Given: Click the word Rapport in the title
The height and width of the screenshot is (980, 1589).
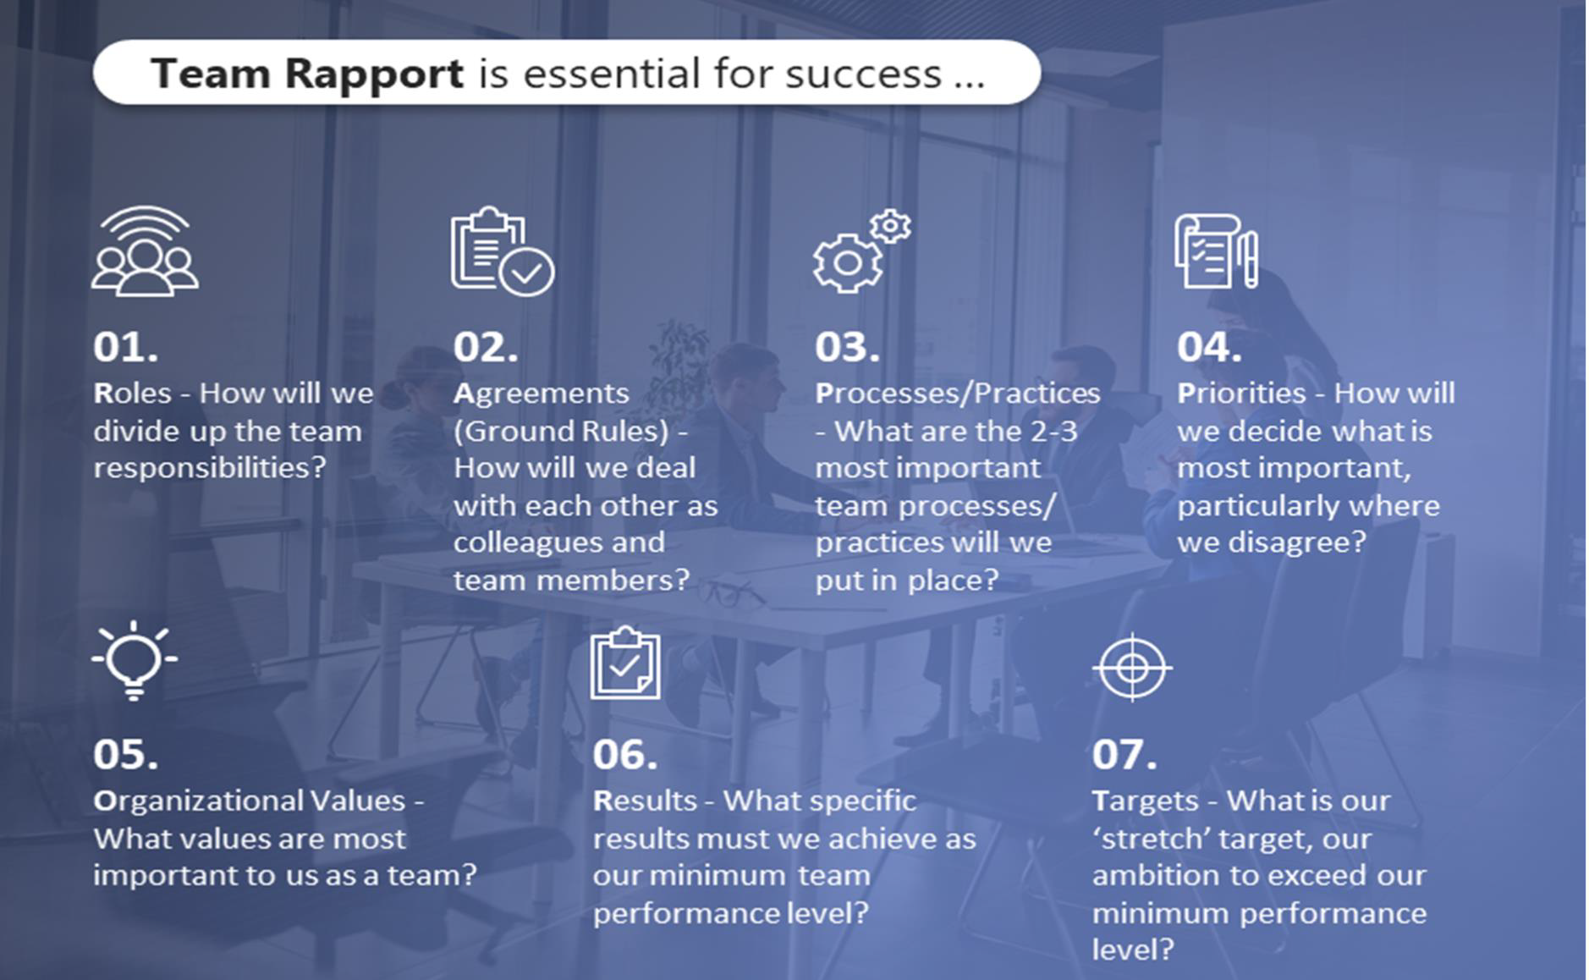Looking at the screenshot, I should pyautogui.click(x=373, y=74).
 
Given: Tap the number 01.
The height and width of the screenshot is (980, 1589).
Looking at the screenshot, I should pyautogui.click(x=125, y=347).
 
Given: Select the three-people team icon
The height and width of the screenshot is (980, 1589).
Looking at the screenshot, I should pyautogui.click(x=145, y=252).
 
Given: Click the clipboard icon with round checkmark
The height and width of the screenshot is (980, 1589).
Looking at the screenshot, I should pyautogui.click(x=502, y=251).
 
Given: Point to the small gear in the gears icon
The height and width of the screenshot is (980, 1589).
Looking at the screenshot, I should pyautogui.click(x=890, y=226).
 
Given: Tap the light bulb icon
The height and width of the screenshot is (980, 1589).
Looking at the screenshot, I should pyautogui.click(x=135, y=660).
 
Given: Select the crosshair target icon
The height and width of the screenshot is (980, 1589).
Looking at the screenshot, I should pyautogui.click(x=1132, y=668).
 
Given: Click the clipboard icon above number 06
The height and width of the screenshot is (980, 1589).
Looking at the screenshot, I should pyautogui.click(x=625, y=663).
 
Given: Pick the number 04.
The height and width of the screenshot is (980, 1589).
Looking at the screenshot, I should pyautogui.click(x=1209, y=347).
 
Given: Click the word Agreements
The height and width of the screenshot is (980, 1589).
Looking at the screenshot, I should pyautogui.click(x=541, y=394).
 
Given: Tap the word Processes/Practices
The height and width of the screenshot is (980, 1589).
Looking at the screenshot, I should pyautogui.click(x=957, y=394).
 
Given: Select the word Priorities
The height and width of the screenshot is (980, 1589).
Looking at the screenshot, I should pyautogui.click(x=1241, y=394).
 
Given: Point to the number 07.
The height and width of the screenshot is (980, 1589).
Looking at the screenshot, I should pyautogui.click(x=1124, y=755).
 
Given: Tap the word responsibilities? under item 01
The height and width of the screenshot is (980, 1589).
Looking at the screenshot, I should pyautogui.click(x=209, y=468).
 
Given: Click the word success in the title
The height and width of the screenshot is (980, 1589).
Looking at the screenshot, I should pyautogui.click(x=863, y=74).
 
